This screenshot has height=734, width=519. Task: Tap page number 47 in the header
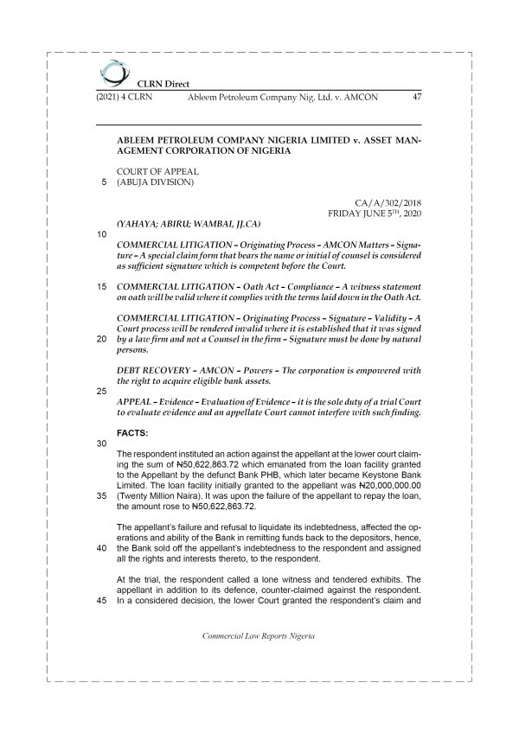tap(416, 97)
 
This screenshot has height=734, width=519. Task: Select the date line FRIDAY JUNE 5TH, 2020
tap(374, 212)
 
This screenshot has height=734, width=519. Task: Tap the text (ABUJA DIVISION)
tap(155, 182)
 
